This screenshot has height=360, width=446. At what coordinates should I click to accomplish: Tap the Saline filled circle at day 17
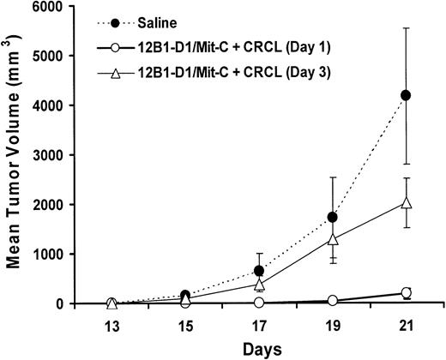(260, 271)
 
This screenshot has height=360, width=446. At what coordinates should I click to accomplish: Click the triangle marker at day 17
(260, 284)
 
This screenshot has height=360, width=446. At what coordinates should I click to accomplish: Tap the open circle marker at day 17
(260, 302)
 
